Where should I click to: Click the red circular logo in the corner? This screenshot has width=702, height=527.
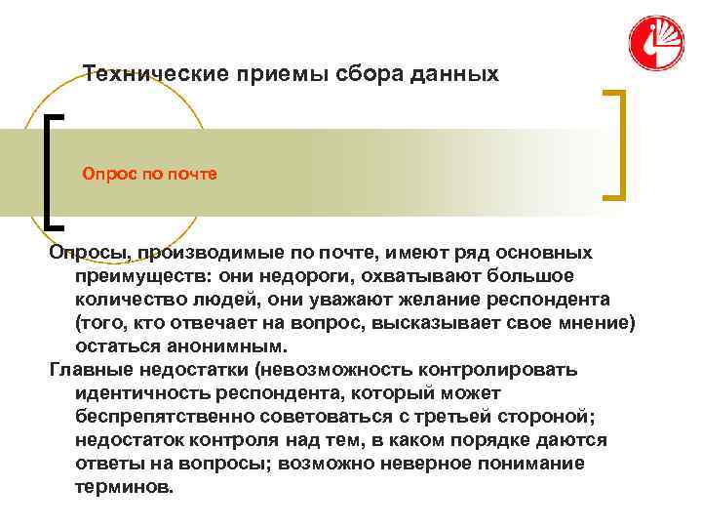657,44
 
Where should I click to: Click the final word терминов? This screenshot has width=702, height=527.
123,486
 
